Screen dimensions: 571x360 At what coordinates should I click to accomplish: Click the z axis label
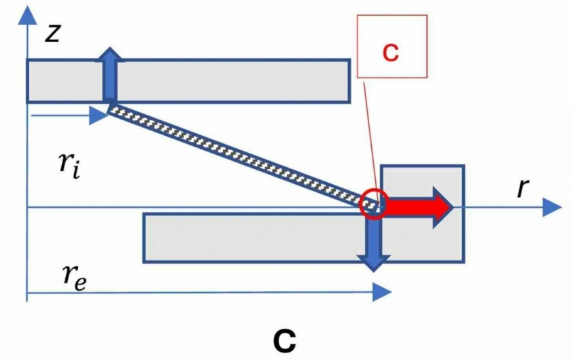[x=52, y=34]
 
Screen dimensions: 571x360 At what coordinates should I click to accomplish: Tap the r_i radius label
[x=69, y=165]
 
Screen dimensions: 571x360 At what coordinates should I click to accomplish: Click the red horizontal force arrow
[x=418, y=207]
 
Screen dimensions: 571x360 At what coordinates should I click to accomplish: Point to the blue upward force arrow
[x=109, y=75]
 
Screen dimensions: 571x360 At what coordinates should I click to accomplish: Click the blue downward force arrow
[x=373, y=240]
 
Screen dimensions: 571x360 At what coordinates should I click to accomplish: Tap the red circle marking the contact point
[x=373, y=204]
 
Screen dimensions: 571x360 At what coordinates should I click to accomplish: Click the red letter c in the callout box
[x=391, y=52]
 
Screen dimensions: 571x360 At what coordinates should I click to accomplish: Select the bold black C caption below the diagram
[x=285, y=342]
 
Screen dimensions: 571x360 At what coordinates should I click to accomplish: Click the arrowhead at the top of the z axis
[x=27, y=16]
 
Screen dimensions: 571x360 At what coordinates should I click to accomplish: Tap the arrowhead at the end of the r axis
[x=552, y=207]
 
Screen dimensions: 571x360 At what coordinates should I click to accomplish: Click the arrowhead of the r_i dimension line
[x=99, y=115]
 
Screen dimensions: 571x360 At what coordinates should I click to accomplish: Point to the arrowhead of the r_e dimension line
[x=382, y=292]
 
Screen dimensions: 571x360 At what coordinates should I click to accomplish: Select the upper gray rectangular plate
[x=189, y=81]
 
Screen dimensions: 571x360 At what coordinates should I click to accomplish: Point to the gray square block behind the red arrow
[x=422, y=213]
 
